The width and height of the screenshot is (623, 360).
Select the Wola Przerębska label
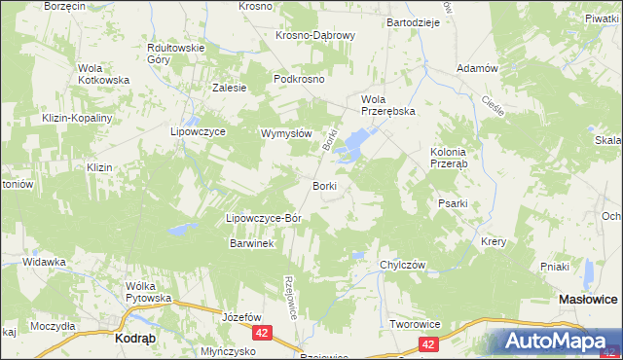point(388,105)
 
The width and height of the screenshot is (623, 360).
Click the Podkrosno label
point(299,80)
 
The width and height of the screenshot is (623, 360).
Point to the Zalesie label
point(229,87)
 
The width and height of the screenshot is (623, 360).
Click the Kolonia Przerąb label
point(450,158)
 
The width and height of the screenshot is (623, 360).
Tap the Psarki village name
point(454,204)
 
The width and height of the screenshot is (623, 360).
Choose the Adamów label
point(477,69)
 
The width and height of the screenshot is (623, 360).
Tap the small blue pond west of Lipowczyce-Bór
point(177,231)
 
